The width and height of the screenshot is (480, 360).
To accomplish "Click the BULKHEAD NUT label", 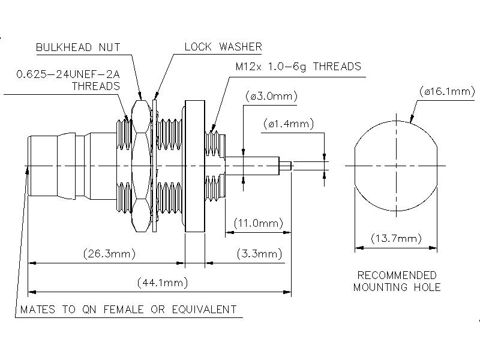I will pos(79,47).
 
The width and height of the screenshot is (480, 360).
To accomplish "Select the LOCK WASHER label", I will pos(223,47).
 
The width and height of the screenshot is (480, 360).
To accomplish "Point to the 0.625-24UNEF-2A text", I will pos(67,74).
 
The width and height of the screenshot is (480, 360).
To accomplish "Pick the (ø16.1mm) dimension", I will pos(445,91).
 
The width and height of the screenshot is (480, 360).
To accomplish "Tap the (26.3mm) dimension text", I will pos(109,254).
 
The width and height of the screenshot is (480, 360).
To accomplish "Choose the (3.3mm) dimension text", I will pos(259,254).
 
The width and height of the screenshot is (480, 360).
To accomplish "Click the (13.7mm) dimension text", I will pos(396,239).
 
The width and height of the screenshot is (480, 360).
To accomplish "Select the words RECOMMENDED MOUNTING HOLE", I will pos(397,281).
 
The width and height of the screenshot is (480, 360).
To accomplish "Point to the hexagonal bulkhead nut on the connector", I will pos(140,165).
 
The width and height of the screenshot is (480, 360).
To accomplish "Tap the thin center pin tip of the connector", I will pos(287,165).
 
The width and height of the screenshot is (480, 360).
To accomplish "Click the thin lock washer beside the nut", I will pos(154,165).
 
